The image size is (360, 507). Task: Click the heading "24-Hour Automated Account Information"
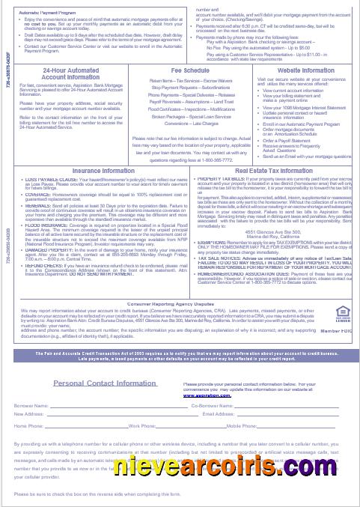pyautogui.click(x=60, y=73)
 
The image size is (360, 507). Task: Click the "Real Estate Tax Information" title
pyautogui.click(x=269, y=171)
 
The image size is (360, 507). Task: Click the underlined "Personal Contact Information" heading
pyautogui.click(x=105, y=383)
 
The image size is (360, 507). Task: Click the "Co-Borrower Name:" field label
pyautogui.click(x=213, y=405)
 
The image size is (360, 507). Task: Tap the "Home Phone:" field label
pyautogui.click(x=29, y=425)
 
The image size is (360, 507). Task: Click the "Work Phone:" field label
pyautogui.click(x=141, y=425)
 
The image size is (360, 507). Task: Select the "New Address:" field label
pyautogui.click(x=29, y=413)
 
